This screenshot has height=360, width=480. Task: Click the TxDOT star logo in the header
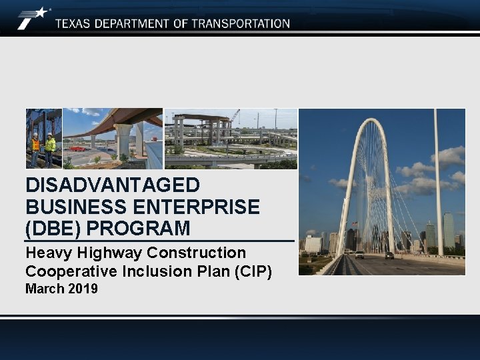click(x=33, y=17)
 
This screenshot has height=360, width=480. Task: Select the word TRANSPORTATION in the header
click(x=241, y=23)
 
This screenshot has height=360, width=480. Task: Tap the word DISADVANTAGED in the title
click(x=112, y=185)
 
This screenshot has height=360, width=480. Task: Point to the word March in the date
click(x=43, y=289)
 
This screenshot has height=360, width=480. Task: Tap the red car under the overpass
click(x=78, y=149)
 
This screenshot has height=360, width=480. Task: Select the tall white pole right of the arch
click(x=438, y=180)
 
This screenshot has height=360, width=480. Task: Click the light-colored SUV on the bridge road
click(x=359, y=255)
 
